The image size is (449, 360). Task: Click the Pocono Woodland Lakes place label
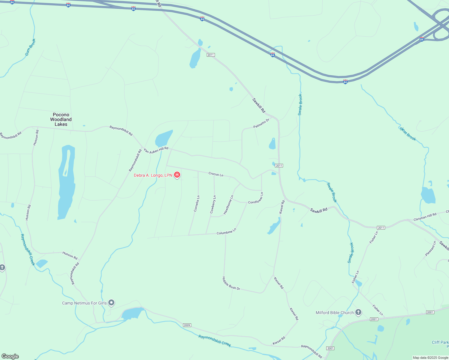click(61, 119)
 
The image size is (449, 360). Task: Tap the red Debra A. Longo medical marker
click(177, 175)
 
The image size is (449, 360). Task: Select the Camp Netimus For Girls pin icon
click(111, 303)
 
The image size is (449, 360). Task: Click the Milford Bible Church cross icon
click(358, 312)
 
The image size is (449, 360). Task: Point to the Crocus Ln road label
click(216, 174)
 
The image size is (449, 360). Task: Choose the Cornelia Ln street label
click(197, 204)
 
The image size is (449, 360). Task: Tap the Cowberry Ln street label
click(213, 205)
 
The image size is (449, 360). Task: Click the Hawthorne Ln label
click(228, 205)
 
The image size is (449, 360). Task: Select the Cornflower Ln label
click(256, 198)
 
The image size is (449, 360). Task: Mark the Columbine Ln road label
click(227, 231)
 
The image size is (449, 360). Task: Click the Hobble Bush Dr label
click(231, 284)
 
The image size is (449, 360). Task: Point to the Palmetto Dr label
click(261, 123)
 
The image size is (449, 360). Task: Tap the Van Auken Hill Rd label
click(156, 150)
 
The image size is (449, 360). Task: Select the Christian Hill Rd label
click(425, 217)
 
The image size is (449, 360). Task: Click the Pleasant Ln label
click(430, 249)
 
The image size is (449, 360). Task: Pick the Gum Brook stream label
click(30, 47)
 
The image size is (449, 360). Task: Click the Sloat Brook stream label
click(408, 134)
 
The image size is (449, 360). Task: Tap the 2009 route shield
click(187, 325)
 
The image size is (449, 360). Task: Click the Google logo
click(10, 356)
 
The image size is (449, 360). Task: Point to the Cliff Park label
click(440, 342)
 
